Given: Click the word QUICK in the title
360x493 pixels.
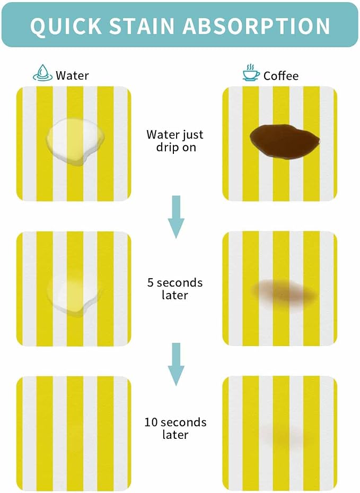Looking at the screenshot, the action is pos(66,25).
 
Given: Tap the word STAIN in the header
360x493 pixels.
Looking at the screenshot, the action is pos(142,25).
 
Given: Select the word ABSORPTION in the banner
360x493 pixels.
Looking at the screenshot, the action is pos(256,25).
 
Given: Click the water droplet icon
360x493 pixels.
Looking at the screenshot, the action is pos(43,73).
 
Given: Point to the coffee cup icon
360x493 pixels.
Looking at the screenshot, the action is pos(251,73).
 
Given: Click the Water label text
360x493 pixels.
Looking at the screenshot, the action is pos(72,75).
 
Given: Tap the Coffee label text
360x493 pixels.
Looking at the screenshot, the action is pos(281,76).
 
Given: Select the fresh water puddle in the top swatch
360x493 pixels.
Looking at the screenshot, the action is pos(75,141).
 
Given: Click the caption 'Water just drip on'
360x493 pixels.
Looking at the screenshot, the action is pos(175,141).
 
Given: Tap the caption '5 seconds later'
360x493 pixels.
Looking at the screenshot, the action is pos(175,289).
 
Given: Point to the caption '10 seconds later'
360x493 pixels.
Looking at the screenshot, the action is pos(175,428).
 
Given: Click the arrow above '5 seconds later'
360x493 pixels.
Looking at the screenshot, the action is pos(176,217).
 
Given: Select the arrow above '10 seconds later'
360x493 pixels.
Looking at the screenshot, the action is pos(176,364).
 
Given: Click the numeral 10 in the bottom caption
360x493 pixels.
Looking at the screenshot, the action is pos(151,422).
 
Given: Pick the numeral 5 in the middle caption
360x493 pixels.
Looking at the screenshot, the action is pos(151,283).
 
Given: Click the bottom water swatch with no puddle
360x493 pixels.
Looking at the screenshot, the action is pos(74,434).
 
